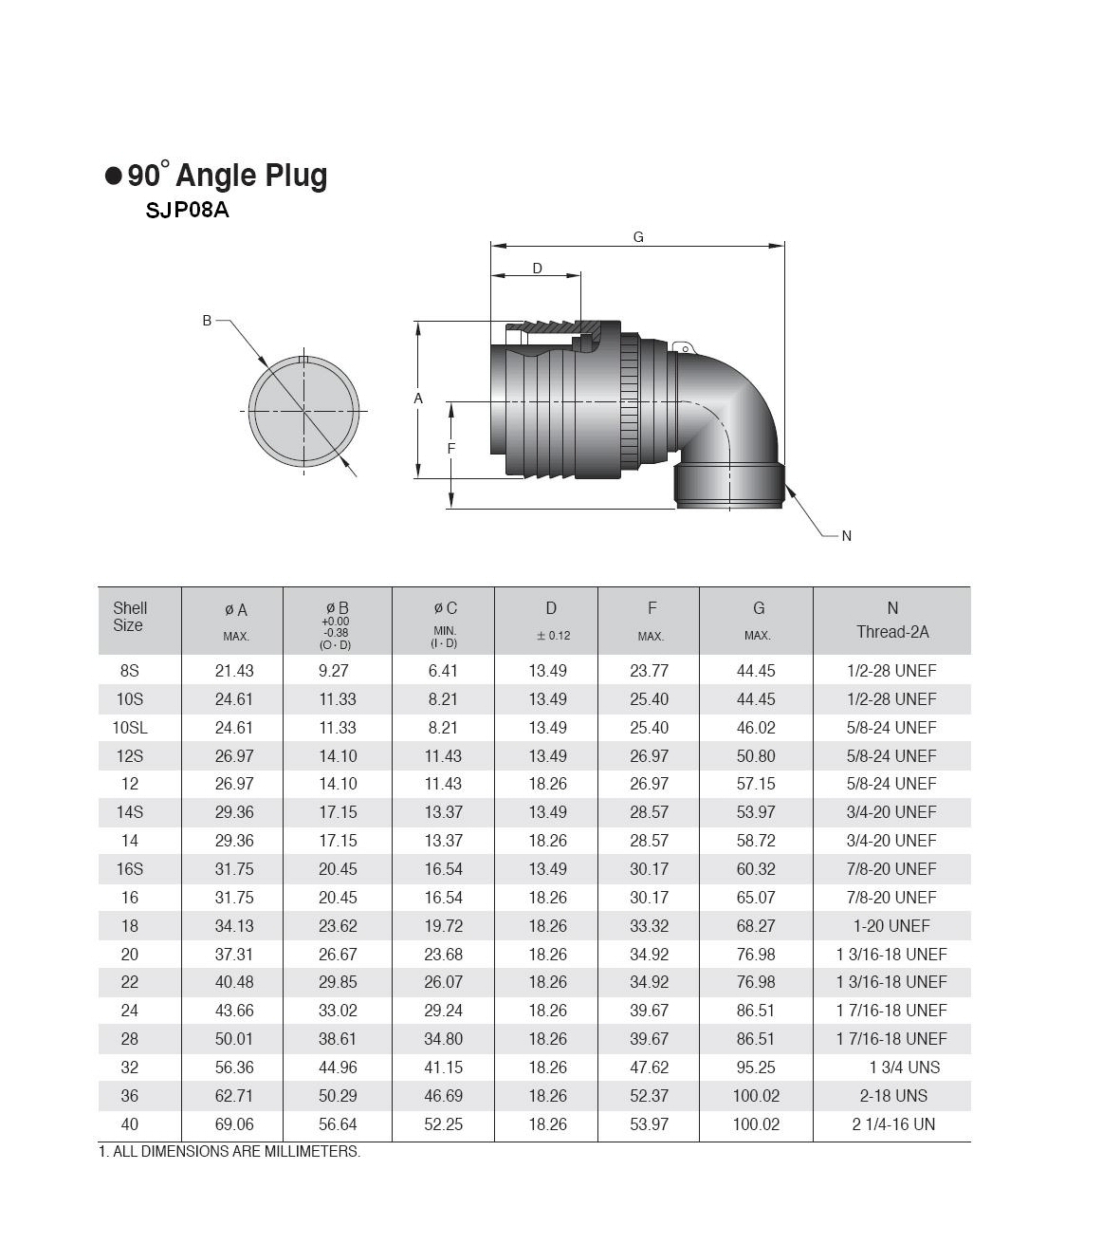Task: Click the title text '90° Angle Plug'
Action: pyautogui.click(x=227, y=176)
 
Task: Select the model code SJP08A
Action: pyautogui.click(x=187, y=211)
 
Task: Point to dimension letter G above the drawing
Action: pyautogui.click(x=638, y=237)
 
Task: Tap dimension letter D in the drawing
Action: pyautogui.click(x=538, y=268)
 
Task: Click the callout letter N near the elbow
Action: pyautogui.click(x=846, y=536)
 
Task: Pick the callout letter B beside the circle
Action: pyautogui.click(x=207, y=321)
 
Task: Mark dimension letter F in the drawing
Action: pyautogui.click(x=451, y=448)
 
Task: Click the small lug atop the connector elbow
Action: pyautogui.click(x=684, y=347)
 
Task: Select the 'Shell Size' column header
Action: pyautogui.click(x=130, y=617)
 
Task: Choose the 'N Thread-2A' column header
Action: pyautogui.click(x=891, y=620)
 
